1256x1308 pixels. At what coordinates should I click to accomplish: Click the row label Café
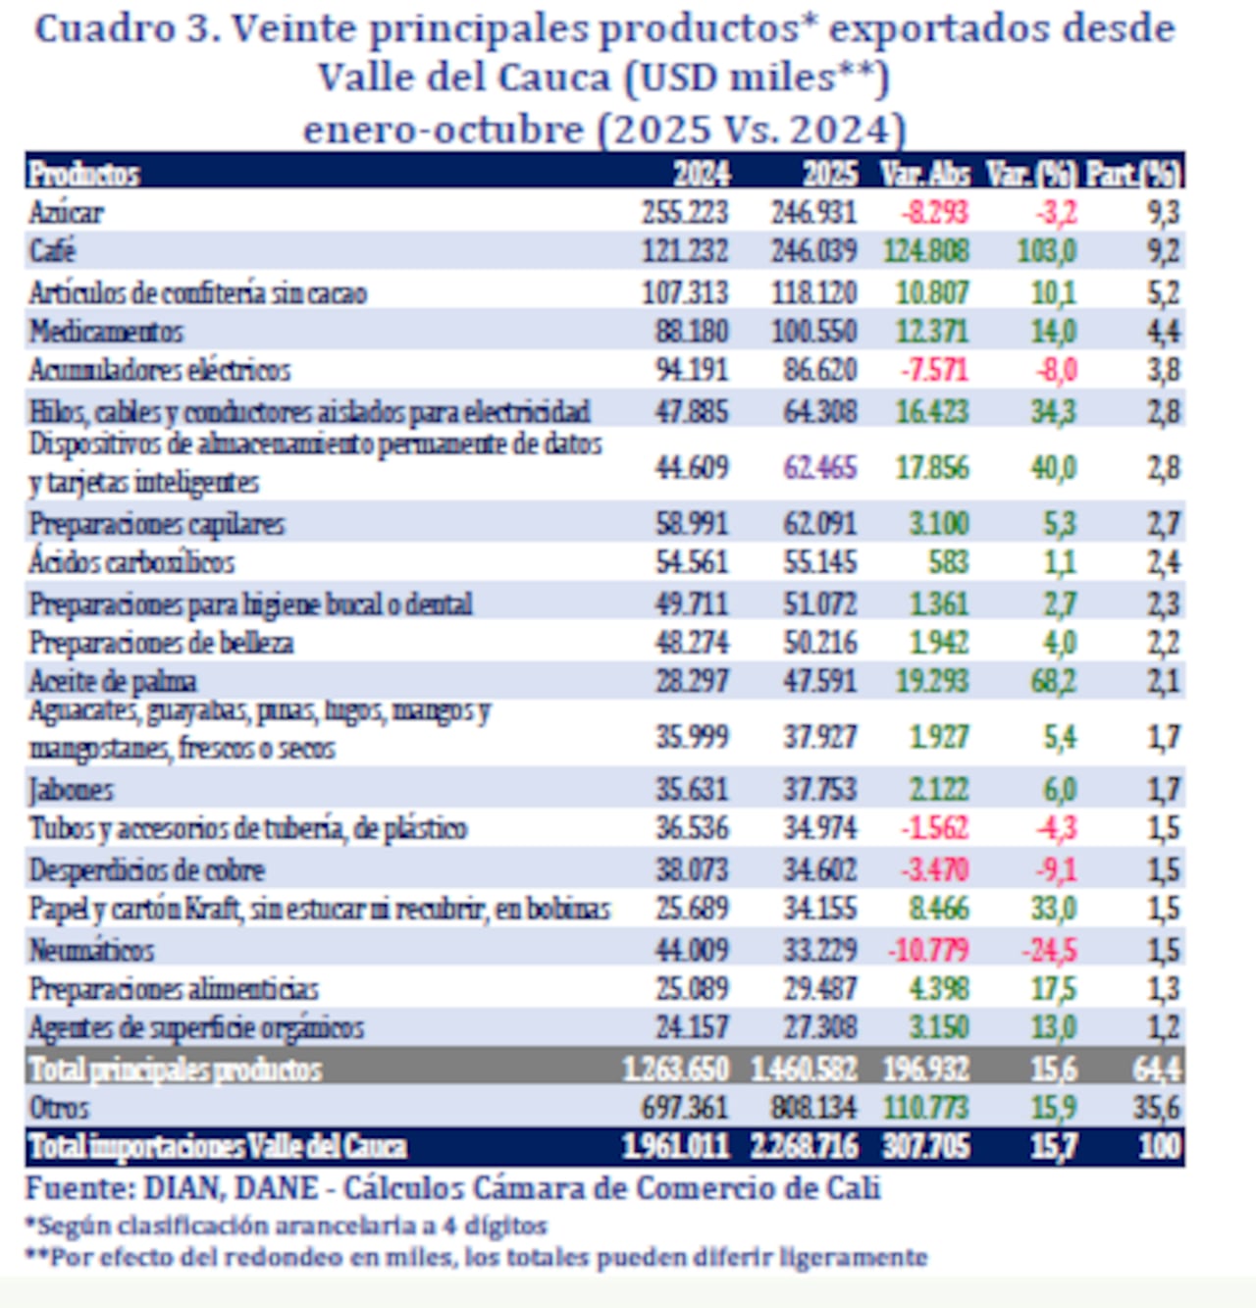coord(53,251)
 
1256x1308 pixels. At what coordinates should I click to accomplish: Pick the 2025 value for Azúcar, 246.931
coord(813,212)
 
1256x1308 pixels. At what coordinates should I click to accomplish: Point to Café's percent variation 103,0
coord(1046,251)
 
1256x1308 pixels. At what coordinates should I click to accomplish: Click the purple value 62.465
coord(819,467)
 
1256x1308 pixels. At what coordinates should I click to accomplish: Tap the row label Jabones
coord(71,790)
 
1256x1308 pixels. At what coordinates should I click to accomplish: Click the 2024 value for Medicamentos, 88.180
coord(692,332)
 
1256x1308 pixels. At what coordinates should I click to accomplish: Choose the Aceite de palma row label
coord(113,681)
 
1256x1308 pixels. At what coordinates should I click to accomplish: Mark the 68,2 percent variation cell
coord(1053,681)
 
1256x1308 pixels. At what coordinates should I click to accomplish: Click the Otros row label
coord(59,1108)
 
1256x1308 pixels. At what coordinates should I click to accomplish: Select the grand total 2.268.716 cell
coord(804,1146)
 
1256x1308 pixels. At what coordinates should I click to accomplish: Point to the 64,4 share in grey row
coord(1158,1069)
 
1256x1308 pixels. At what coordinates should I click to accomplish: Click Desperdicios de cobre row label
coord(147,870)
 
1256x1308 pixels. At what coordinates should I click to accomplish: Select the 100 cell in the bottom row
coord(1160,1146)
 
